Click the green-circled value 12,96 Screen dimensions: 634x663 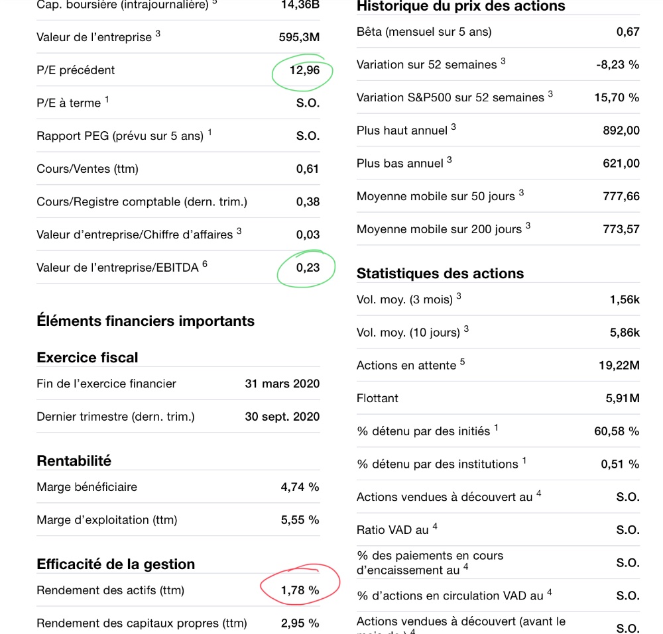(x=304, y=70)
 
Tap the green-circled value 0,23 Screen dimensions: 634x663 (x=308, y=268)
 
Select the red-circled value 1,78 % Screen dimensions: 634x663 (x=300, y=590)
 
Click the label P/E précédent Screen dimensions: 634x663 (x=76, y=70)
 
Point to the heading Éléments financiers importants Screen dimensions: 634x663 (x=145, y=321)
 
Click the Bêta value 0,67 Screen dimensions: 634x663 (x=628, y=32)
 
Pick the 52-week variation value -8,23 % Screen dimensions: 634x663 (x=618, y=65)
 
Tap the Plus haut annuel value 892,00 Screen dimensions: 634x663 (x=621, y=131)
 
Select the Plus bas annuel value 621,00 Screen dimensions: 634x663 (x=621, y=163)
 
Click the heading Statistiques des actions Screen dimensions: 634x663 (x=440, y=274)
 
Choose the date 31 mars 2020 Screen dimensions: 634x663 (x=282, y=384)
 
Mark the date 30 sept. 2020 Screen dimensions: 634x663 (x=282, y=417)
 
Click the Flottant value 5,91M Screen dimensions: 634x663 (x=623, y=398)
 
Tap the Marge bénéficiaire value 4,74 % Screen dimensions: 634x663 (x=300, y=487)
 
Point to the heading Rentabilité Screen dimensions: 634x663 (x=74, y=461)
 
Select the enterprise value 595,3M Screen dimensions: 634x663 (x=299, y=37)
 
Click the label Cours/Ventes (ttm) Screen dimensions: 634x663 (x=88, y=169)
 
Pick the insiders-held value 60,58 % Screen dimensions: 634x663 (x=617, y=431)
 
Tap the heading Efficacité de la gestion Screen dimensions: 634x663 (x=116, y=564)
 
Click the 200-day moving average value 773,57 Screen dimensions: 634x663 (x=621, y=229)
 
